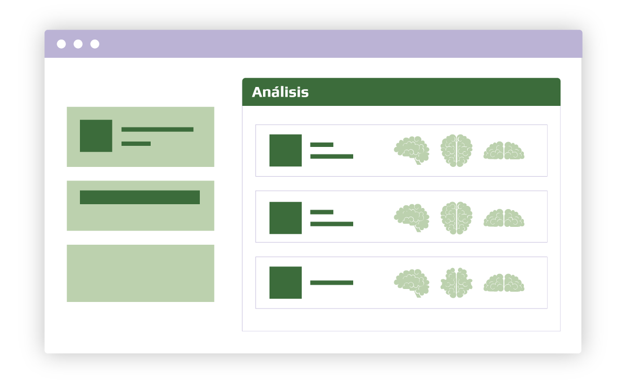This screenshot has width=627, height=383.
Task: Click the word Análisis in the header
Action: click(280, 92)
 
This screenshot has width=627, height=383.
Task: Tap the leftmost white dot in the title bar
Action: click(62, 44)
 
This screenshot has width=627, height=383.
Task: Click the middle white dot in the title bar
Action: click(78, 44)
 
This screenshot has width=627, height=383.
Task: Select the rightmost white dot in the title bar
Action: click(95, 44)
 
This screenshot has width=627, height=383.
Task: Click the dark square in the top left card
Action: click(96, 136)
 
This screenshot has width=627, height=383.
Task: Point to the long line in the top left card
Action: click(157, 130)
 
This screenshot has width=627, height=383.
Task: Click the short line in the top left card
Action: click(136, 144)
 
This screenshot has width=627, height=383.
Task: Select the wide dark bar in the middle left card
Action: click(140, 197)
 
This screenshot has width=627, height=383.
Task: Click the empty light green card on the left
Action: click(140, 273)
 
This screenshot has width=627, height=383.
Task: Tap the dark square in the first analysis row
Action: click(286, 150)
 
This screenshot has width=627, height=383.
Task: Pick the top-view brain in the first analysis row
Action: click(456, 150)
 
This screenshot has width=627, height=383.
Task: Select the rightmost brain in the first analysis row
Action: click(504, 151)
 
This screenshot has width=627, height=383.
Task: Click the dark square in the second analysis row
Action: click(286, 218)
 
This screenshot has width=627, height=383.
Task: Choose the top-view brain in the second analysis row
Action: click(456, 218)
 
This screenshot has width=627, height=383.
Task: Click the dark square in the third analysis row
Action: click(286, 283)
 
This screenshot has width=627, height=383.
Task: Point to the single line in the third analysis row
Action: click(332, 283)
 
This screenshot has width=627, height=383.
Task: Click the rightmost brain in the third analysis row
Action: click(504, 283)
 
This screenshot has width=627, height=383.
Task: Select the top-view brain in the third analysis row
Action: click(456, 283)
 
